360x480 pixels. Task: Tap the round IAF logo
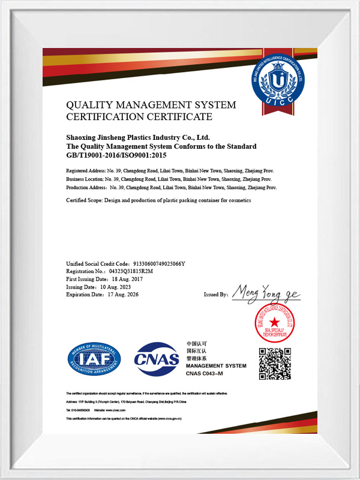94,360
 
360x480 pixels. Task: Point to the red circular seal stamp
274,323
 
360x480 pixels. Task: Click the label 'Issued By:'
216,295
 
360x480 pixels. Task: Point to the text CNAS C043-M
204,374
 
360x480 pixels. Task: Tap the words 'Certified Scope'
84,200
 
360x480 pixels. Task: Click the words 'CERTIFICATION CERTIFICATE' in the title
139,116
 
